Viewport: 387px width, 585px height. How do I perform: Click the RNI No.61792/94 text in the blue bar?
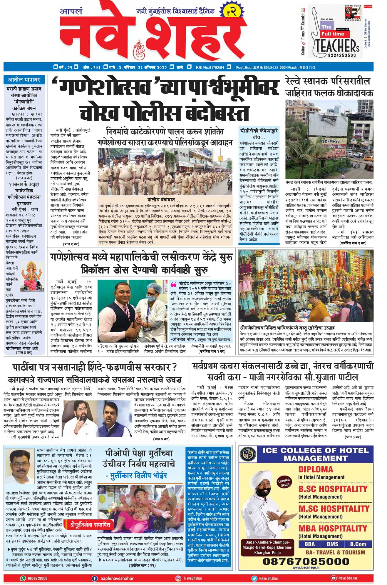[210, 67]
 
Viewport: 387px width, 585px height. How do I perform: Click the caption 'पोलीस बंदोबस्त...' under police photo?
[164, 200]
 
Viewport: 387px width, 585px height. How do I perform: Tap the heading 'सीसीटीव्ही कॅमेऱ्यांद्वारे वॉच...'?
[259, 134]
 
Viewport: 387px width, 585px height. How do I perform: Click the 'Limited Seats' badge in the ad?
[284, 482]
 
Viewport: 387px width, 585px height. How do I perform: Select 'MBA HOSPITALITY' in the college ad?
[333, 528]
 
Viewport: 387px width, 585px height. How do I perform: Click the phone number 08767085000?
[306, 561]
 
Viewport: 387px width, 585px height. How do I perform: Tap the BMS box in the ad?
[332, 544]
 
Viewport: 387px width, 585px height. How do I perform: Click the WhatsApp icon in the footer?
[23, 578]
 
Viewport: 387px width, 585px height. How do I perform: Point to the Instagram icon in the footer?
[178, 578]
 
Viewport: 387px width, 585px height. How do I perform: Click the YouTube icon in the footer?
[333, 578]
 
